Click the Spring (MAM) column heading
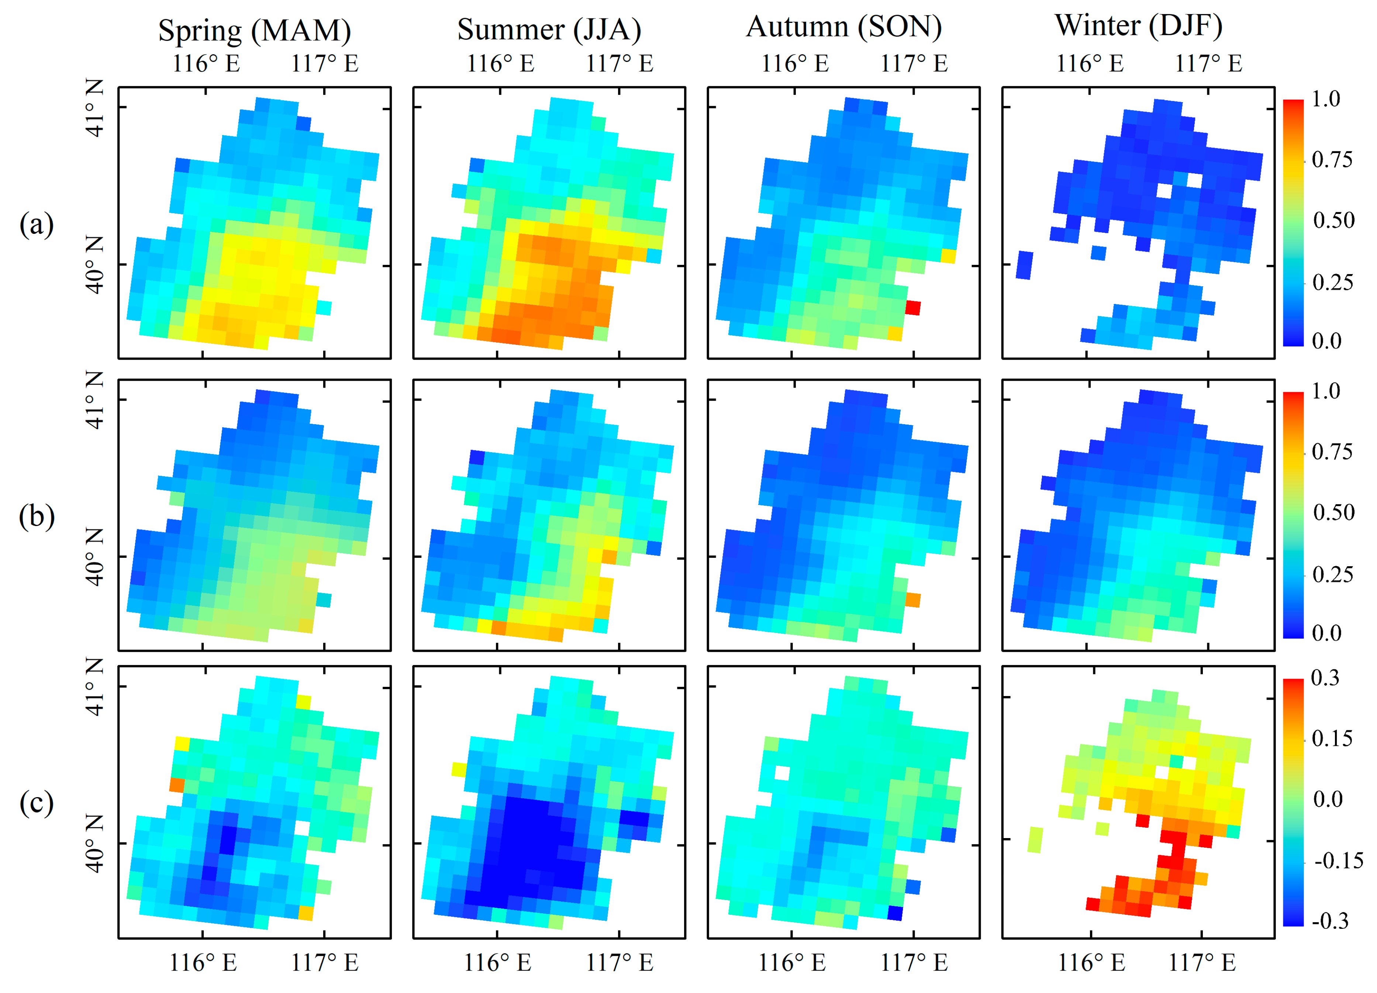(254, 30)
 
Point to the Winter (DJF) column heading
(1138, 25)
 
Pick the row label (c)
(37, 803)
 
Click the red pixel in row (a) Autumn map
(912, 308)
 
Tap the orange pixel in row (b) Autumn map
(912, 600)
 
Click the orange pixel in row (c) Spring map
(177, 785)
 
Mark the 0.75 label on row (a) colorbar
(1332, 160)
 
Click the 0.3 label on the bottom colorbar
(1325, 678)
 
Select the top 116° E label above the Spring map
(206, 63)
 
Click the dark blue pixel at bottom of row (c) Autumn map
(895, 913)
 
